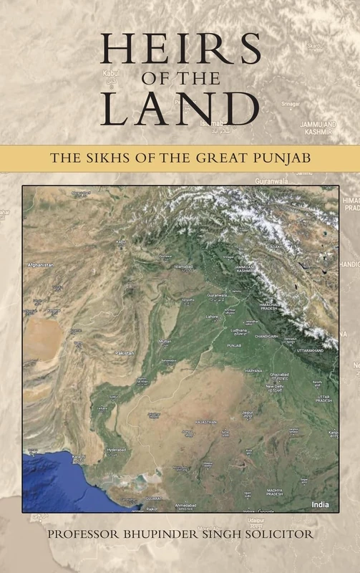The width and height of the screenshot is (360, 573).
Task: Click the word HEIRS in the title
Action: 180,50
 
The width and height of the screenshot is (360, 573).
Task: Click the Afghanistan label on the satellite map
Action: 40,265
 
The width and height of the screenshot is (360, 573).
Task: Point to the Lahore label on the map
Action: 211,316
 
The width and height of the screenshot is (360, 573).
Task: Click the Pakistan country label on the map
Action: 125,353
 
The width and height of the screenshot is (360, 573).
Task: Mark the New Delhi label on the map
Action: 276,386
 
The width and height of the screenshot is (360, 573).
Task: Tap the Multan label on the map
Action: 165,342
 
